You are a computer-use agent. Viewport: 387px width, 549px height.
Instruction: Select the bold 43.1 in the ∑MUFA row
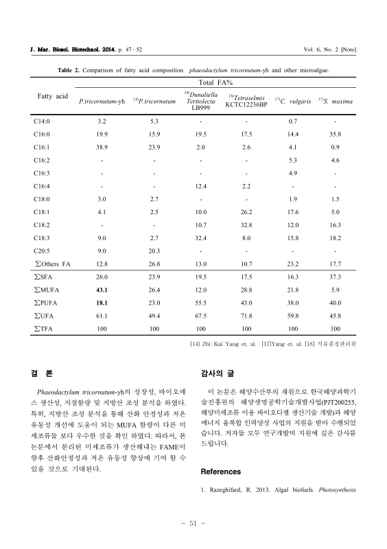coord(102,291)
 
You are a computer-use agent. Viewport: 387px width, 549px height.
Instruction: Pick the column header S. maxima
coord(336,102)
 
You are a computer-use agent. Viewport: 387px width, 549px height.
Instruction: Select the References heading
coord(221,472)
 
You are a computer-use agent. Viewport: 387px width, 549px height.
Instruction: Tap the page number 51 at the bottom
coord(193,525)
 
